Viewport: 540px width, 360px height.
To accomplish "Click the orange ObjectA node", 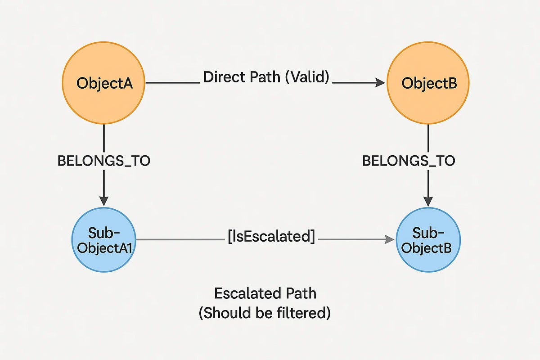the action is tap(103, 83).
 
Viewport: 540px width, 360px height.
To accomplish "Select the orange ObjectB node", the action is tap(428, 83).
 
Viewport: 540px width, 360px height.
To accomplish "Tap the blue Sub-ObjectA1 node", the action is tap(104, 240).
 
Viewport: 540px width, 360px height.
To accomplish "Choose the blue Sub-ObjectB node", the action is tap(428, 240).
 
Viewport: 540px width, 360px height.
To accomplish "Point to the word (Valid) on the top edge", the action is tap(307, 77).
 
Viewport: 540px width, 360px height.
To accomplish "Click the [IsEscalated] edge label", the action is tap(271, 236).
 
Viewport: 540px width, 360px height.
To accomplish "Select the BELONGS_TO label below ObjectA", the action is tap(104, 161).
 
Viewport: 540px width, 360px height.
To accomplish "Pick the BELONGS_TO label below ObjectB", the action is tap(409, 161).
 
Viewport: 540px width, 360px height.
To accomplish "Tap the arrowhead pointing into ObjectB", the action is tap(380, 83).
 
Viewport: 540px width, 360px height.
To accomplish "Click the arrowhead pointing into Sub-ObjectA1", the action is tap(104, 201).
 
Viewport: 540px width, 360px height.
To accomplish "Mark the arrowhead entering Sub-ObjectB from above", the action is tap(428, 202).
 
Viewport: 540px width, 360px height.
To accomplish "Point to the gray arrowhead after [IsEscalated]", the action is tap(390, 239).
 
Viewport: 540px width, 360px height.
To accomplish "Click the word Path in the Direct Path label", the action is tap(265, 77).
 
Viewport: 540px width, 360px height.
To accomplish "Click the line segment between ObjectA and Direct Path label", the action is tap(173, 83).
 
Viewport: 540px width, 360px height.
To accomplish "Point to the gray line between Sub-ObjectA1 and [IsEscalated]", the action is tap(180, 239).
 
